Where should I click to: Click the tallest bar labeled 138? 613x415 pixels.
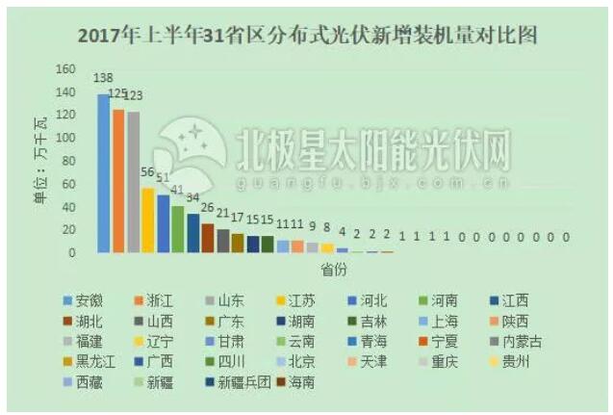tap(103, 173)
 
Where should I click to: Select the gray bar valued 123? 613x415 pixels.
tap(133, 182)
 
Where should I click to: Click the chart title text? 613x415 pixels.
tap(306, 37)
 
